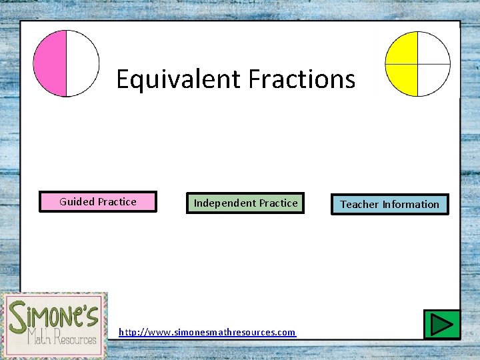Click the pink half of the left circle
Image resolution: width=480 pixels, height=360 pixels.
(x=51, y=63)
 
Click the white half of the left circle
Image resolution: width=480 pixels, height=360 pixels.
(x=82, y=63)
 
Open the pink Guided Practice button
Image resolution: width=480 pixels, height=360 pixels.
(x=98, y=202)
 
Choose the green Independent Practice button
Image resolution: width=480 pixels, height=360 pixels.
(x=245, y=203)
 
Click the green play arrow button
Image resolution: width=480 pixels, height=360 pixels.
(x=441, y=325)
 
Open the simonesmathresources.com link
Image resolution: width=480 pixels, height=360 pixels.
(x=207, y=332)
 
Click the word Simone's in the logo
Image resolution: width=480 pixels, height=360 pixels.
(x=54, y=313)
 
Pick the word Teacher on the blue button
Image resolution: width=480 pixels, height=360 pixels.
(x=359, y=205)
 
